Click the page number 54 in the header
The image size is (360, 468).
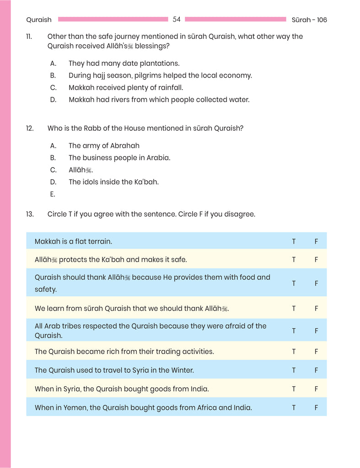[x=177, y=19]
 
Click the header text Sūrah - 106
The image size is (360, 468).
[x=309, y=20]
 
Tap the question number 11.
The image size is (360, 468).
[x=29, y=37]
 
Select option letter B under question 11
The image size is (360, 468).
[x=53, y=75]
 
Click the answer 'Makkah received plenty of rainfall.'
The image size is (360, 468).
[x=126, y=87]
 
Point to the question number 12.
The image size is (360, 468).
[x=30, y=128]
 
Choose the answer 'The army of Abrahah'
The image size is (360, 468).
[x=104, y=146]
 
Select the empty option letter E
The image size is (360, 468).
[x=53, y=194]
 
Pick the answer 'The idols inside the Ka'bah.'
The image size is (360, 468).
[x=113, y=182]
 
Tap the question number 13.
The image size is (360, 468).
[x=30, y=214]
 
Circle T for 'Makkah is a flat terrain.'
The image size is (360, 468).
[x=294, y=241]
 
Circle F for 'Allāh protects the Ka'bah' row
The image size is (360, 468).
[x=316, y=260]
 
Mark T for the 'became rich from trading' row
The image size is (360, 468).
[x=294, y=351]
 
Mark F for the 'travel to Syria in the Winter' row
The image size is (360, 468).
[x=316, y=370]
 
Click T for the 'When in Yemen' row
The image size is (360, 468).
[x=294, y=408]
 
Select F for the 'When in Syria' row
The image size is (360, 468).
[x=316, y=389]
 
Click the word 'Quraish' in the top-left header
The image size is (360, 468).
[x=39, y=20]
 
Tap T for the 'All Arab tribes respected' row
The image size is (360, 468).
[x=294, y=331]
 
